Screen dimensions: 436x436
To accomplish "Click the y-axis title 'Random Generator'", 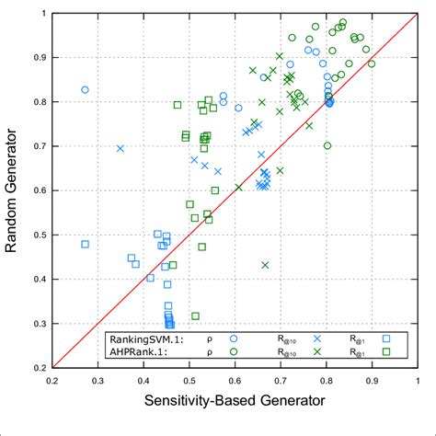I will point(16,190).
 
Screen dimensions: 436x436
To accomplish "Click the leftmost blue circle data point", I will point(86,89).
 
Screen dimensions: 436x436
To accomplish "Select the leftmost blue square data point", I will point(86,244).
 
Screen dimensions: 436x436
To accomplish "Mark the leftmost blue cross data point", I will point(120,148).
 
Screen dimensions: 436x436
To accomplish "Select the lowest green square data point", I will point(195,316).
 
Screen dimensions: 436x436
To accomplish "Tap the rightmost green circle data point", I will point(372,63).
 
